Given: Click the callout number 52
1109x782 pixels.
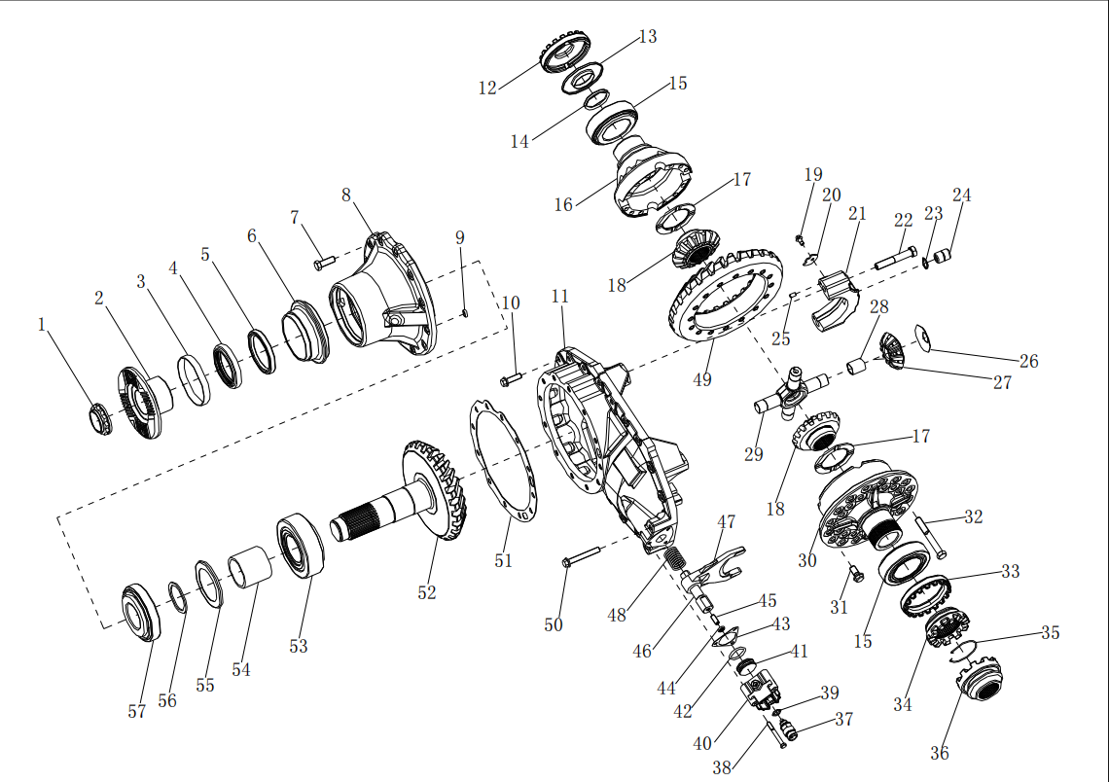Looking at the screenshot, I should (427, 592).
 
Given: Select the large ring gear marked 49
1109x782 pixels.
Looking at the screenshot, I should (725, 293).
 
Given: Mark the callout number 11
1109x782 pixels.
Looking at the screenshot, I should (559, 296).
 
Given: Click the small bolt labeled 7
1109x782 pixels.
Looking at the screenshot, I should (324, 262).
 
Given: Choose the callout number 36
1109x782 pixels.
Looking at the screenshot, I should (939, 753).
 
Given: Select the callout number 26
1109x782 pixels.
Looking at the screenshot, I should (1028, 361).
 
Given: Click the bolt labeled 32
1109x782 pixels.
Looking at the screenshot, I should (928, 537).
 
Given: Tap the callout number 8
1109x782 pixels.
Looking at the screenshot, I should (346, 195).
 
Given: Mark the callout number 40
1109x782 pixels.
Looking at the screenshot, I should (702, 743).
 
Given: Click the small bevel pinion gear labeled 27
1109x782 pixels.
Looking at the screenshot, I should (892, 349).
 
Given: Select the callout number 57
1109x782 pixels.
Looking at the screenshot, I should (137, 711).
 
